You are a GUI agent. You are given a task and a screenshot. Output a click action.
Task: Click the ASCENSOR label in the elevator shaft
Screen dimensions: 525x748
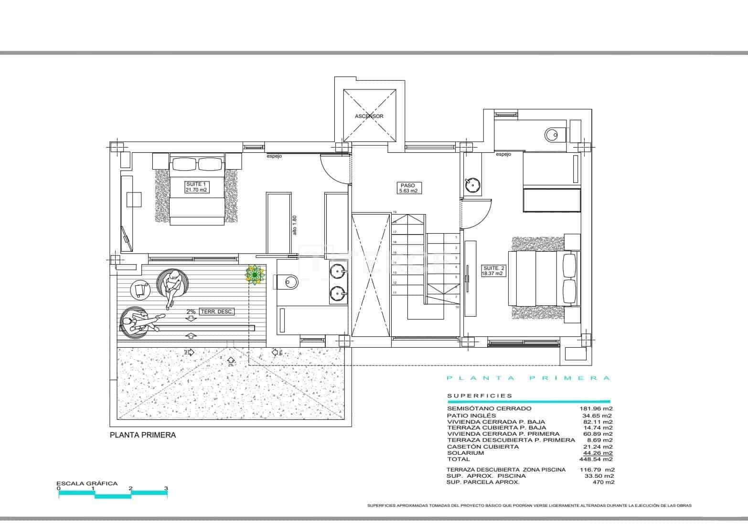369,116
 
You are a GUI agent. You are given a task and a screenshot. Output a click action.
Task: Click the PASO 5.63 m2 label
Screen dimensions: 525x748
408,188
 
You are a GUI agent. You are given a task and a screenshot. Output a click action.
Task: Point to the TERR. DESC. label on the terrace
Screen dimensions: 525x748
217,311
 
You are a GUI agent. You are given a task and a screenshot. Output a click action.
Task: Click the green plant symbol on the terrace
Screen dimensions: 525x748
255,275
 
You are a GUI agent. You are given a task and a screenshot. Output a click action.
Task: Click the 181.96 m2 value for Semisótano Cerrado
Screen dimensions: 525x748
596,409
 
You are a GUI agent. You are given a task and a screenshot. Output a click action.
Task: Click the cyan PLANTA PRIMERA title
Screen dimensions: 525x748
528,378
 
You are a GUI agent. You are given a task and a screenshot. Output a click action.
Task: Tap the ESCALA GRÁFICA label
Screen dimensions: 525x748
86,483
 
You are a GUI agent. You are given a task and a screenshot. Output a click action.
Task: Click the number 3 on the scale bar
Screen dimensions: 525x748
166,488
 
